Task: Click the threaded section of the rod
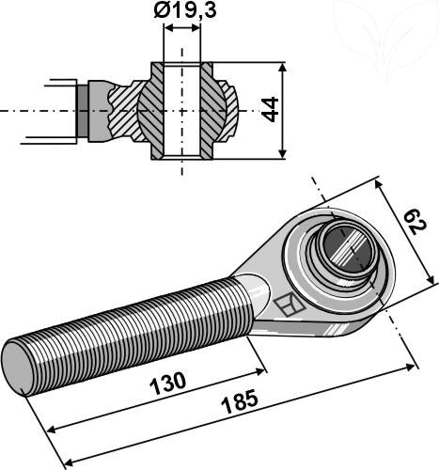(x=132, y=323)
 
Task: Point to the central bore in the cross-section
(x=181, y=111)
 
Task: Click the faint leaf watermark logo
(x=385, y=38)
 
